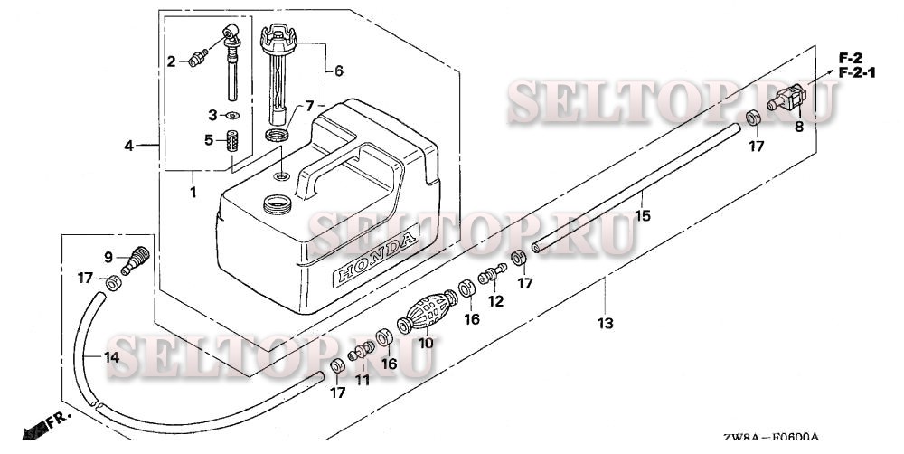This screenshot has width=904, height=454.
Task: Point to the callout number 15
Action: click(643, 216)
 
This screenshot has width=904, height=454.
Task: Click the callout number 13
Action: click(605, 323)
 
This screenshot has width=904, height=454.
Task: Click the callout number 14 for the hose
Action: click(110, 357)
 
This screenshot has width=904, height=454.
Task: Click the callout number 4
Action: click(128, 146)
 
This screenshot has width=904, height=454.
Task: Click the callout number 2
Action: click(170, 61)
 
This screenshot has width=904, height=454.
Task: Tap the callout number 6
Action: click(339, 70)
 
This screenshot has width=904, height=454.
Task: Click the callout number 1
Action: click(193, 191)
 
